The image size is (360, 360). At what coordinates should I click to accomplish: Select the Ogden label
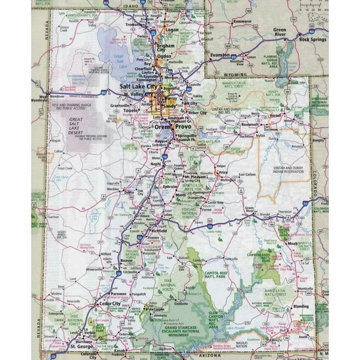(x=164, y=56)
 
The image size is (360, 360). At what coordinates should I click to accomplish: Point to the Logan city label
(x=172, y=29)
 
